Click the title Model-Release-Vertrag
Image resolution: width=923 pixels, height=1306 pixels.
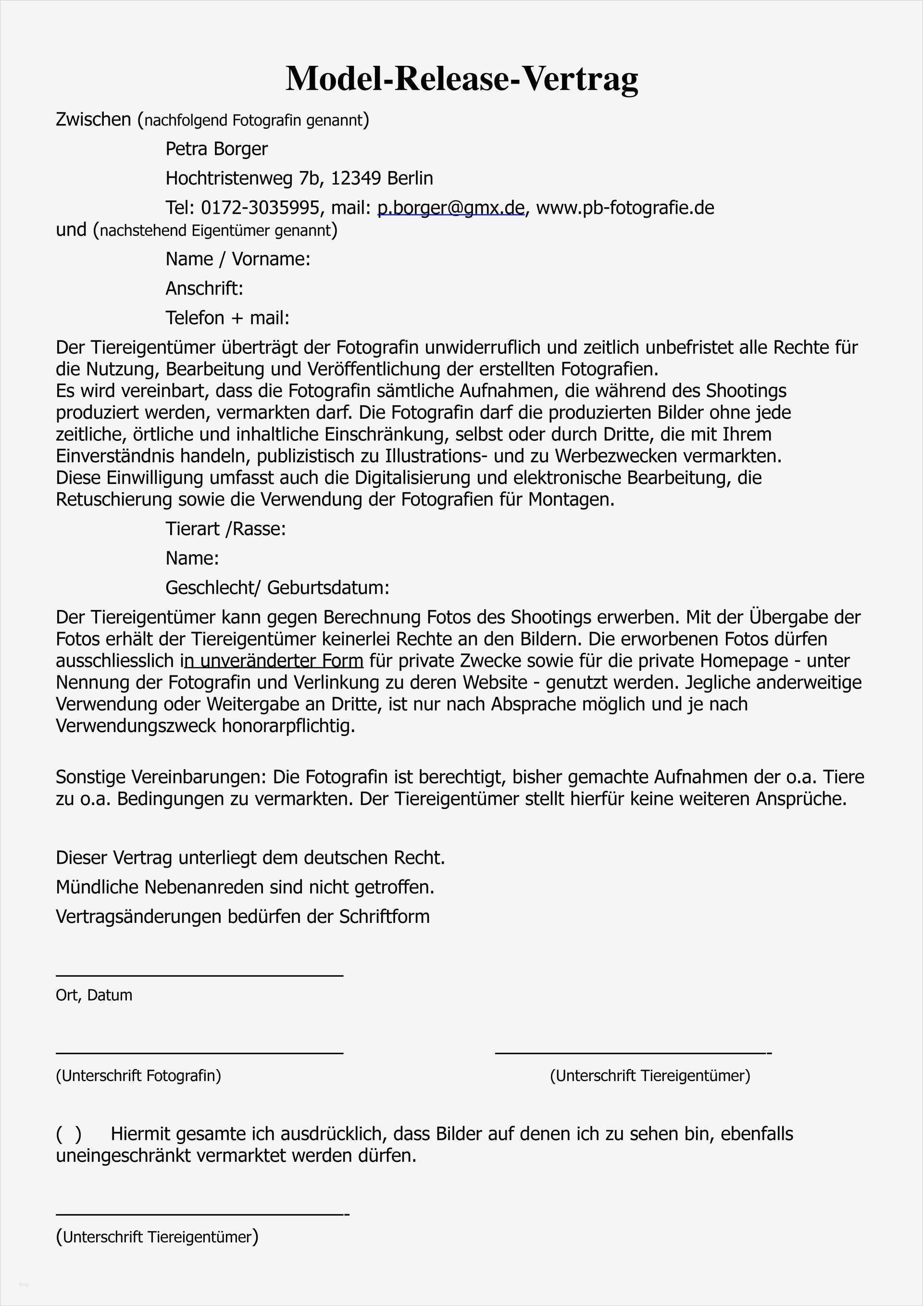click(x=461, y=78)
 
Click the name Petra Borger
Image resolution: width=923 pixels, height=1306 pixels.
click(x=216, y=149)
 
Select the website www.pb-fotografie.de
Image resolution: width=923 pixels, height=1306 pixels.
click(x=625, y=208)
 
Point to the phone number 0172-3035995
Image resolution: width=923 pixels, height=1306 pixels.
click(x=260, y=208)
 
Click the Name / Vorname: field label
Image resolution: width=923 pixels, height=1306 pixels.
click(x=238, y=260)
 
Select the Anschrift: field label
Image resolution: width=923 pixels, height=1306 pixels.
click(x=204, y=289)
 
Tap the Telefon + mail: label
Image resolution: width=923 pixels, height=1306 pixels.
click(x=227, y=318)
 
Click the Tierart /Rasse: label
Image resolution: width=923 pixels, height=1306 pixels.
click(x=225, y=529)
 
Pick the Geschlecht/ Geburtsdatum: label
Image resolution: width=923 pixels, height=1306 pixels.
click(x=277, y=587)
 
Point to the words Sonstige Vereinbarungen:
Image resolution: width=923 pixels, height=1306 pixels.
click(x=162, y=777)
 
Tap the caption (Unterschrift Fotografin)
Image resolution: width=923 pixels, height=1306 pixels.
click(x=138, y=1076)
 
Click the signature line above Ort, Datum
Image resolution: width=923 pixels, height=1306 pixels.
click(x=199, y=977)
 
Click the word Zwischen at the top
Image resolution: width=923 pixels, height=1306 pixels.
click(x=93, y=120)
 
